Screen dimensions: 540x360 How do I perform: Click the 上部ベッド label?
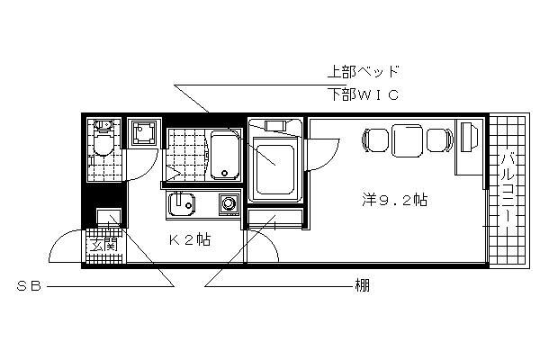point(363,72)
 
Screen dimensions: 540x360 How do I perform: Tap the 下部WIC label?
point(363,94)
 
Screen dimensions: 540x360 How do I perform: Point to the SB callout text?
point(30,286)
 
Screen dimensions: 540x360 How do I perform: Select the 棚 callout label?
point(363,285)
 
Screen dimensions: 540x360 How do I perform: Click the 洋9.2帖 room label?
point(395,200)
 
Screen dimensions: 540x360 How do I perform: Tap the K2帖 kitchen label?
point(190,239)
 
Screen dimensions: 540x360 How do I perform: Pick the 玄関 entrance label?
point(103,244)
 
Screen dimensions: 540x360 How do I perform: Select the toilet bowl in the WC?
point(103,144)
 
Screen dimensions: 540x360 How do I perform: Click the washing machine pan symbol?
point(144,133)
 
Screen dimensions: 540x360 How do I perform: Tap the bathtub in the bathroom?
point(225,155)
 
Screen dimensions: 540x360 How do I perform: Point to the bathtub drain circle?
point(224,174)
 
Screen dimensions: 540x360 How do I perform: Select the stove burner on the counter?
point(229,203)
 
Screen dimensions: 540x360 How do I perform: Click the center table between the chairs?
point(408,140)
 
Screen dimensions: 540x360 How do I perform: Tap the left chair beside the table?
point(375,140)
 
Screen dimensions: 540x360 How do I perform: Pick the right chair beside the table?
point(440,140)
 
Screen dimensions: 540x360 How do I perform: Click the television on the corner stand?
point(470,137)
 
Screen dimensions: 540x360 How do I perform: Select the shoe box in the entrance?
point(109,216)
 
